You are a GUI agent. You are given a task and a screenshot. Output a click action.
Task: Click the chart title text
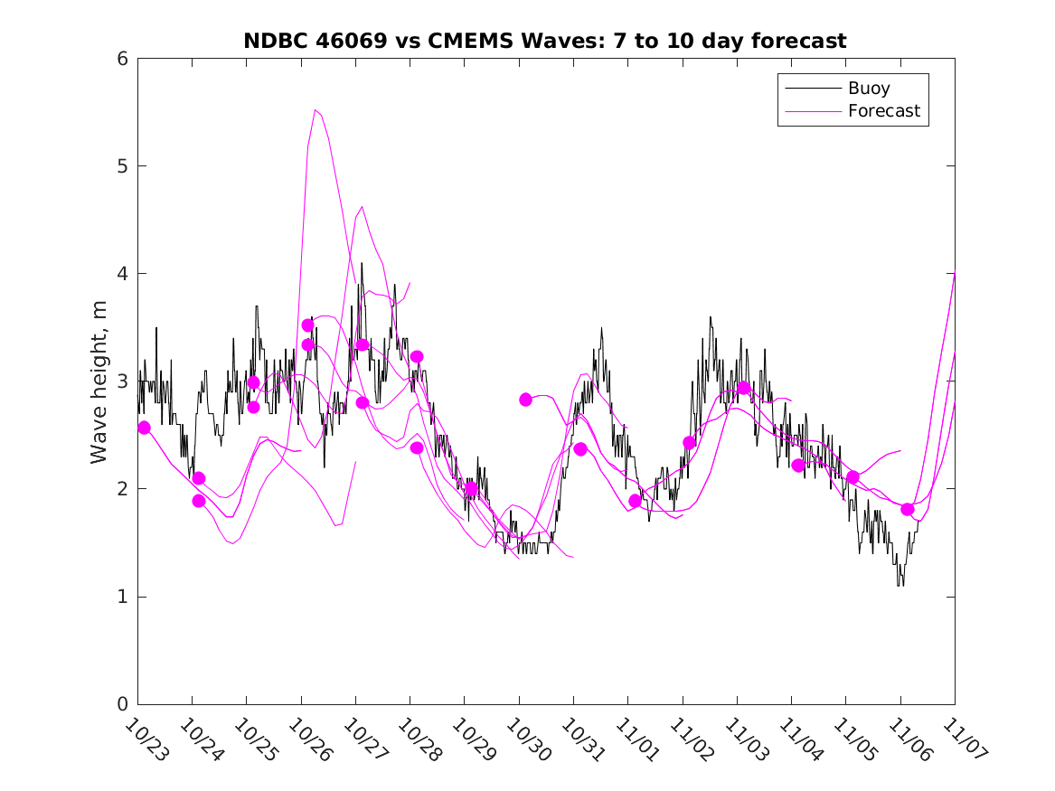(544, 41)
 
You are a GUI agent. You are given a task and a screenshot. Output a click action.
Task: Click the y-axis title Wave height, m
(99, 382)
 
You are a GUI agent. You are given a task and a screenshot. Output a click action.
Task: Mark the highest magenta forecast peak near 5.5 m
(316, 110)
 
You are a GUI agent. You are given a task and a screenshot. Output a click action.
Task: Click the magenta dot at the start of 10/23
(144, 428)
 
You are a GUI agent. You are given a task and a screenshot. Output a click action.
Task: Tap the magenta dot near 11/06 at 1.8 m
(908, 510)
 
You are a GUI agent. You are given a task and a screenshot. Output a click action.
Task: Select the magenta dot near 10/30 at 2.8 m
(525, 400)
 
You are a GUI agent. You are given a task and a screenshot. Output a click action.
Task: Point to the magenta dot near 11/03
(744, 388)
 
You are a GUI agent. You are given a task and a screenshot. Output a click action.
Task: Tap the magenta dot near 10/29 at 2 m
(471, 488)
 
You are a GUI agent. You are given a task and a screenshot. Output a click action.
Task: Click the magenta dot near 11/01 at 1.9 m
(635, 501)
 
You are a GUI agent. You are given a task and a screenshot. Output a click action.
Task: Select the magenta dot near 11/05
(852, 477)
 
